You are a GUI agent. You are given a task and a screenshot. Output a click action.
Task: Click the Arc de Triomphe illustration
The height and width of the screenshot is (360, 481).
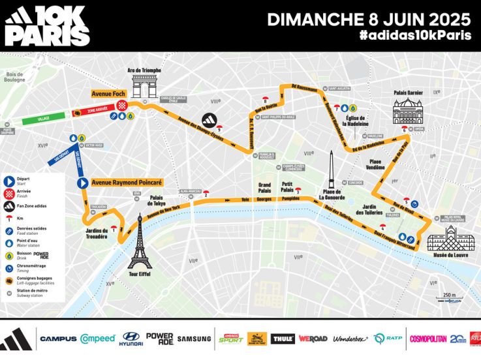click(x=144, y=87)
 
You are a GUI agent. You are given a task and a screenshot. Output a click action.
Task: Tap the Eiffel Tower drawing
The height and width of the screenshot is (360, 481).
click(x=139, y=242)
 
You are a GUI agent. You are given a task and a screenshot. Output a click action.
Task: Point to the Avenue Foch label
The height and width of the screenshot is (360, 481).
click(x=110, y=95)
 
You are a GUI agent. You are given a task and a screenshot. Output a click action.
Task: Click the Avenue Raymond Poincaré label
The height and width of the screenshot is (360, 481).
click(x=126, y=183)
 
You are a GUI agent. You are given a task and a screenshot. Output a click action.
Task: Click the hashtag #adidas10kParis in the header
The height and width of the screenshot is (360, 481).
click(x=414, y=36)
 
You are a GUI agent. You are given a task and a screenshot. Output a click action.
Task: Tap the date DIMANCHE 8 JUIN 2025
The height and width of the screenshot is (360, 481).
click(x=369, y=18)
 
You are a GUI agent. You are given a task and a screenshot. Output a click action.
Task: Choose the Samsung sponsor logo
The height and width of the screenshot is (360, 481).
click(x=194, y=338)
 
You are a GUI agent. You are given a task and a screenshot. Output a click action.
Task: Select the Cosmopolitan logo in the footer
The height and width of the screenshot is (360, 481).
click(x=427, y=339)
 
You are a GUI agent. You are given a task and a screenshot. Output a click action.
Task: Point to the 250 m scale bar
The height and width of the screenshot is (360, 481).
click(x=450, y=298)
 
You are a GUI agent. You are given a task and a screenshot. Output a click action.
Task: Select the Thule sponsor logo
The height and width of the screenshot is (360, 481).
click(x=283, y=339)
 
